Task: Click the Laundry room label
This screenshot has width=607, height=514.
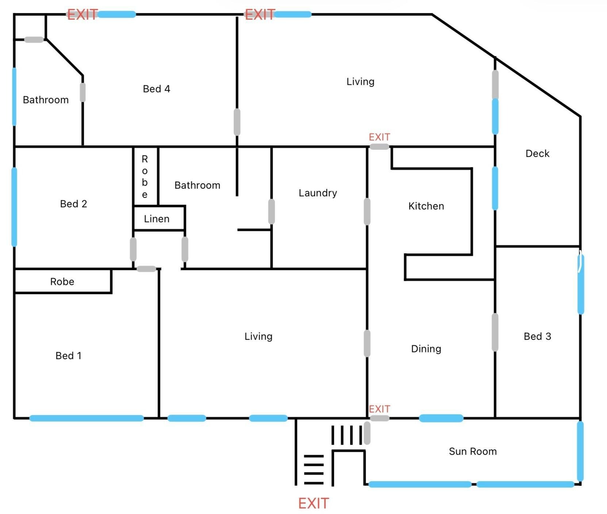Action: [318, 193]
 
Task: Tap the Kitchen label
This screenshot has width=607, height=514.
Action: [426, 206]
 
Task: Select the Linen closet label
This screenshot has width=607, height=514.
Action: [157, 219]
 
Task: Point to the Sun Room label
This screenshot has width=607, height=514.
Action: [473, 452]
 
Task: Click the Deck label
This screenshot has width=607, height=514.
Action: [537, 153]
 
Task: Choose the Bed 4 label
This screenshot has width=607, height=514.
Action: [157, 89]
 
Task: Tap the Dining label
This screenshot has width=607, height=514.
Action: [426, 349]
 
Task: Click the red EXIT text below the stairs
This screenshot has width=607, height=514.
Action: [314, 503]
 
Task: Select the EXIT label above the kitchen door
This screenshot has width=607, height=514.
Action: [380, 137]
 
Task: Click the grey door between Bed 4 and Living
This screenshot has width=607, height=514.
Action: [237, 122]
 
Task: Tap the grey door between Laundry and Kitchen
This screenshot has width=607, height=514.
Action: [367, 212]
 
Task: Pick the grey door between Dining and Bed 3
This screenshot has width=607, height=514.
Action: [495, 332]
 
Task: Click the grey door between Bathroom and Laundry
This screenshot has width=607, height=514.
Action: [272, 212]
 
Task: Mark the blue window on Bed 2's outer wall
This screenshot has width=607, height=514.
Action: [14, 207]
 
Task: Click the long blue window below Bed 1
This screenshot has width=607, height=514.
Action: [87, 418]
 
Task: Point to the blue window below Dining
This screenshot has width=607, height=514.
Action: [441, 418]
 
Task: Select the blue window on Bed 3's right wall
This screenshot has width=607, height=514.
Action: [581, 284]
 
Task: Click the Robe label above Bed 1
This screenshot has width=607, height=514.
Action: [62, 282]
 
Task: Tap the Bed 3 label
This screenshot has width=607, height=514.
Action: [537, 336]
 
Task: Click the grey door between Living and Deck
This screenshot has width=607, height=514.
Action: [495, 84]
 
